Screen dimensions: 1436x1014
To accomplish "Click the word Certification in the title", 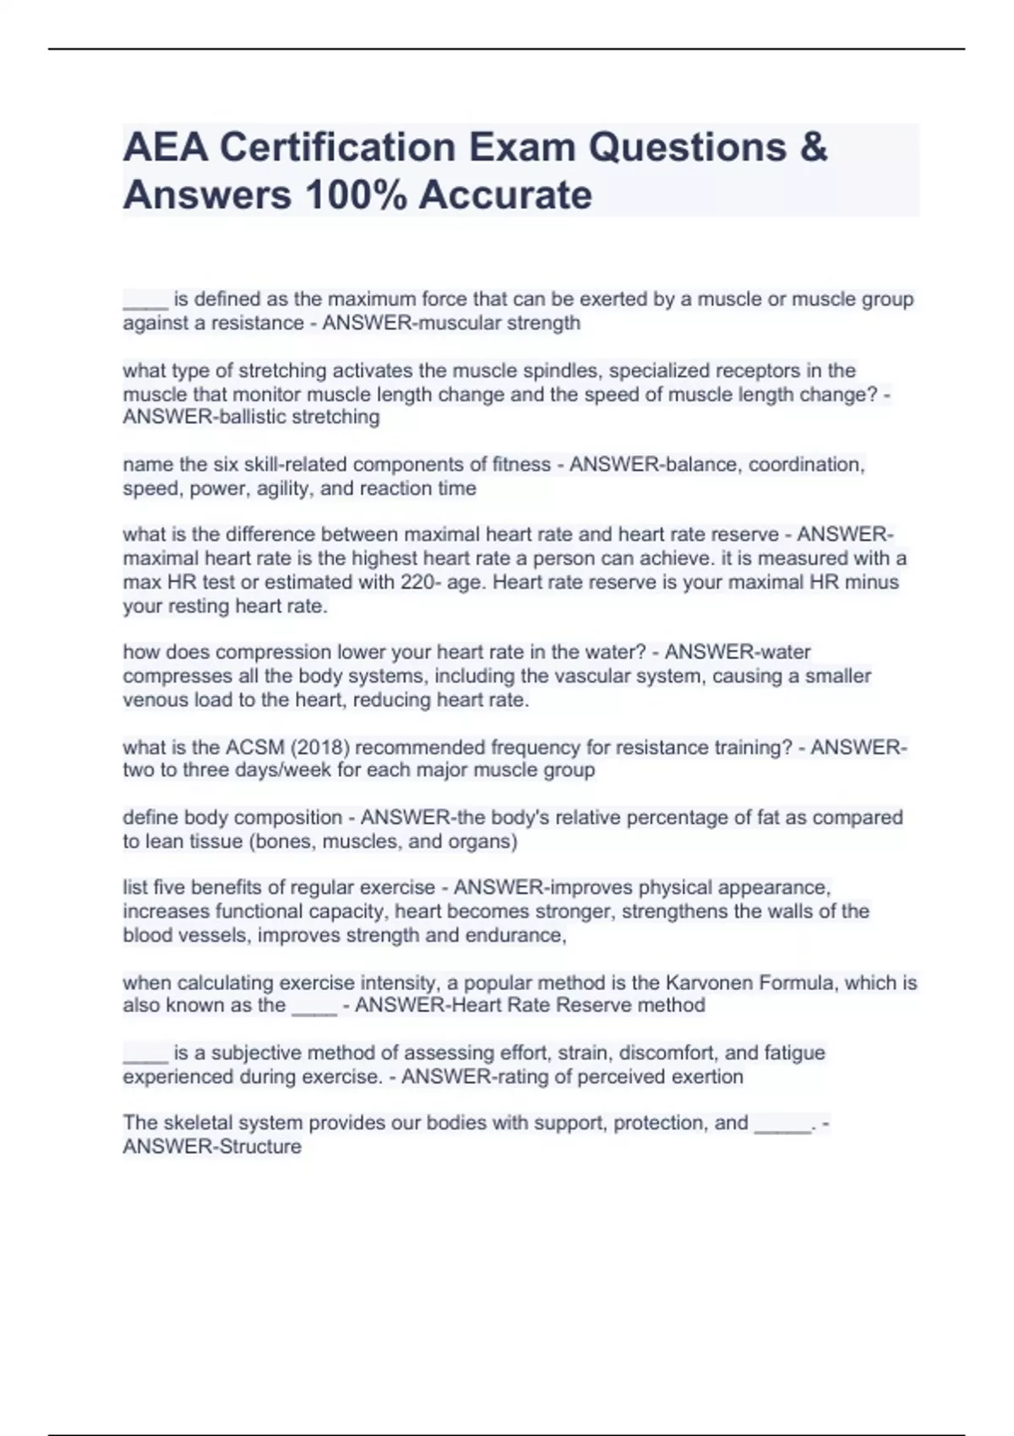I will pyautogui.click(x=336, y=148).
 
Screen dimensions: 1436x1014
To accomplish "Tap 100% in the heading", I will pyautogui.click(x=356, y=195).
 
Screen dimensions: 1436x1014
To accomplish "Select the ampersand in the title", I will pyautogui.click(x=812, y=148).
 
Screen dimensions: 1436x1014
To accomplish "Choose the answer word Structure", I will pyautogui.click(x=257, y=1147).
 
